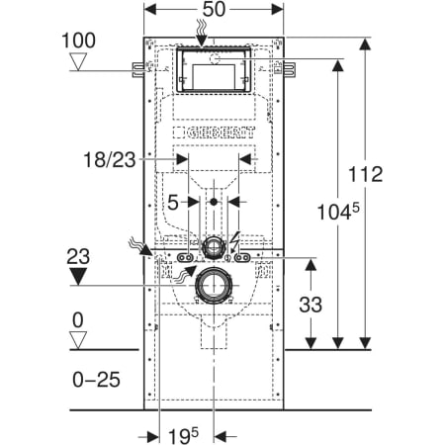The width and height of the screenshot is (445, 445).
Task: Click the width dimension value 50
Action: coord(214,9)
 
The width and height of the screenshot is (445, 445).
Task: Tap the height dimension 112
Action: coord(366,174)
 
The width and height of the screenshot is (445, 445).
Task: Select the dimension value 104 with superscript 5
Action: coord(338,212)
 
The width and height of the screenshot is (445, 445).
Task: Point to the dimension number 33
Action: coord(311,305)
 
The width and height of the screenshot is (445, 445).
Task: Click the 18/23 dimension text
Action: coord(110,160)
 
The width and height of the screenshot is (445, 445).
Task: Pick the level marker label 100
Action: coord(78,41)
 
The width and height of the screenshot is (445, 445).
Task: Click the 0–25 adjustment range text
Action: coord(96,380)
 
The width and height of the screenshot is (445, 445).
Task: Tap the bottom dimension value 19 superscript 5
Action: coord(183,436)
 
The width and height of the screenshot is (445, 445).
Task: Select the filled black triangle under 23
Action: coord(78,276)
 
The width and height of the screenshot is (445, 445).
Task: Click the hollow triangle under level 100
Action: coord(78,61)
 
